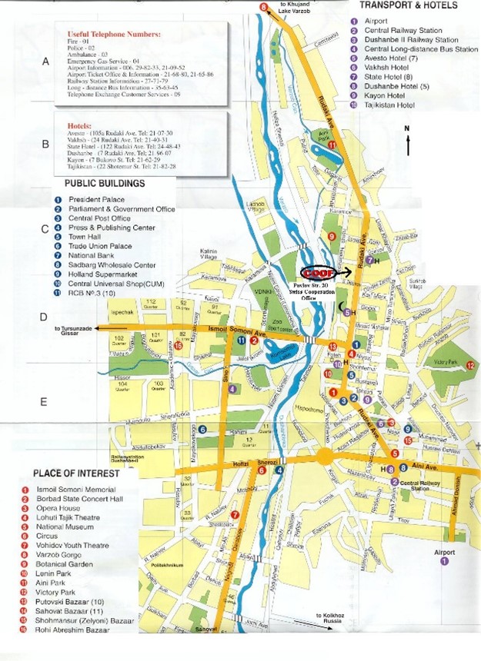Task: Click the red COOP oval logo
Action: tap(316, 273)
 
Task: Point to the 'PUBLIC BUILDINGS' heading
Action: tap(105, 184)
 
